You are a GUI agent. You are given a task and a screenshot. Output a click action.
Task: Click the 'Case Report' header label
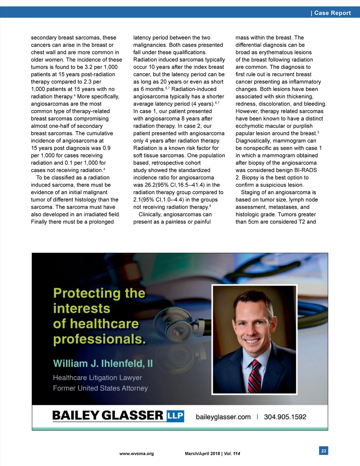332,13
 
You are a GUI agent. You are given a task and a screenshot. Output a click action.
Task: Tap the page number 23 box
323,451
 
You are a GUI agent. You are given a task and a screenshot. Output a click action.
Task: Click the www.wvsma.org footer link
136,454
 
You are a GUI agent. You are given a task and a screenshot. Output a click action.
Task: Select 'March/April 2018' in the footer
202,454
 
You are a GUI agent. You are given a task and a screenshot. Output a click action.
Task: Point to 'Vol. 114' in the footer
232,454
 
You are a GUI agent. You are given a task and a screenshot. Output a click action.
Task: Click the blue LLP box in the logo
175,416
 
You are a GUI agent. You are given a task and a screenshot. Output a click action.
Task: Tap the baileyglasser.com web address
223,417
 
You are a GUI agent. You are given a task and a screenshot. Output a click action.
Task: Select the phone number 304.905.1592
285,417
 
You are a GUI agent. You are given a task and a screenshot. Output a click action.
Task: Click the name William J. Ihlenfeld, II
103,364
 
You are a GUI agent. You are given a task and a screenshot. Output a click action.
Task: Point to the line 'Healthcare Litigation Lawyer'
97,378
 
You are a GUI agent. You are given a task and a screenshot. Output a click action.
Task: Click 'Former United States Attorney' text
100,388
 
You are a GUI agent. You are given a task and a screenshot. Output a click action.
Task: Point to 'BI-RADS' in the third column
305,170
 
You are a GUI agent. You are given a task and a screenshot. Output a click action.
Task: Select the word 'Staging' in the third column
250,192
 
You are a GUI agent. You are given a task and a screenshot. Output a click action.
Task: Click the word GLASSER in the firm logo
133,416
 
